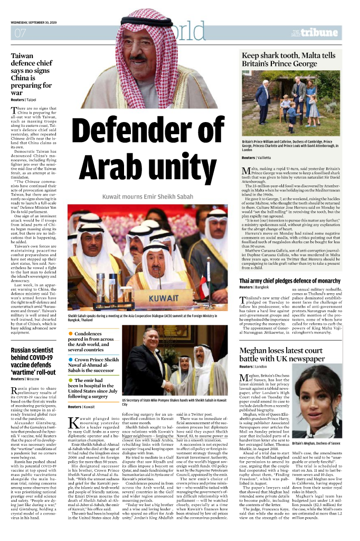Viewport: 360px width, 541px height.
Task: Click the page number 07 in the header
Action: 21,34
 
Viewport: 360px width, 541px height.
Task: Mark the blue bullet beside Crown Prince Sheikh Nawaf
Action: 71,360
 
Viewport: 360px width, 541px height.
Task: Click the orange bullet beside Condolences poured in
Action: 71,334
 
